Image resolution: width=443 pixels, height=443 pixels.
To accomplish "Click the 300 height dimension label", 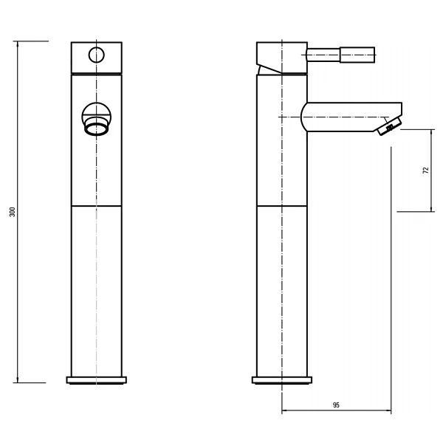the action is (x=13, y=212).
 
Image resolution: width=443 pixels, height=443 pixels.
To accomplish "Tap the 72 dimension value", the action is (x=426, y=171).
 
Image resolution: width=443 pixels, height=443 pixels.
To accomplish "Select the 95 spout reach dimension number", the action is (x=336, y=405).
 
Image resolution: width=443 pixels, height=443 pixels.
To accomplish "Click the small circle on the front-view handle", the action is (x=96, y=55).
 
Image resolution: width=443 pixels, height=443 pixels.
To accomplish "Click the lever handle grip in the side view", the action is (x=357, y=55).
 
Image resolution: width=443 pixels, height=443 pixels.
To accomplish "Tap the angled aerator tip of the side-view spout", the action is (x=388, y=127).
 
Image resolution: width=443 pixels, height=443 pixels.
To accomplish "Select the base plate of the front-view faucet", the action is (x=97, y=380).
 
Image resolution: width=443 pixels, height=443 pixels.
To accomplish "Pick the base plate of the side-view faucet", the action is (x=282, y=380).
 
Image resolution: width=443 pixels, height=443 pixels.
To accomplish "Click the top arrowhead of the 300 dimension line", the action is (x=18, y=44).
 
